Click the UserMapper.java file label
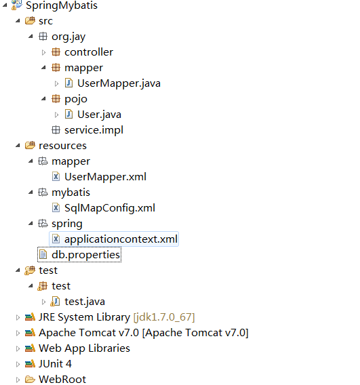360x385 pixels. [119, 83]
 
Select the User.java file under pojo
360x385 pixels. [99, 115]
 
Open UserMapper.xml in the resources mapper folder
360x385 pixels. [105, 177]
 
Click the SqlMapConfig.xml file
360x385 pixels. [110, 208]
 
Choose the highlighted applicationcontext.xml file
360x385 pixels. [121, 239]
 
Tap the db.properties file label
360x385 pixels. [85, 255]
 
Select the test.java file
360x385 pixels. [85, 302]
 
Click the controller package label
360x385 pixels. [89, 52]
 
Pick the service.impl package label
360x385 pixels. [94, 130]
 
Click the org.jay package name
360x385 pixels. [68, 37]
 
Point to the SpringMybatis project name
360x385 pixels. [62, 5]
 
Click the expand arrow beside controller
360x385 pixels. [43, 52]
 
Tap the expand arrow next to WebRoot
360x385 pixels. [18, 380]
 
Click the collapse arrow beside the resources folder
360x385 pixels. [18, 146]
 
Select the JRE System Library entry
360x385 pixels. [117, 317]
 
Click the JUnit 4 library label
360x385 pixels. [55, 364]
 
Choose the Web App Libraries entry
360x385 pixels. [84, 348]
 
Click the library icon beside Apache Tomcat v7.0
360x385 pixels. [30, 333]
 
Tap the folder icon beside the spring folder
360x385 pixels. [43, 224]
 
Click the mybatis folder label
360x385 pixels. [71, 192]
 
